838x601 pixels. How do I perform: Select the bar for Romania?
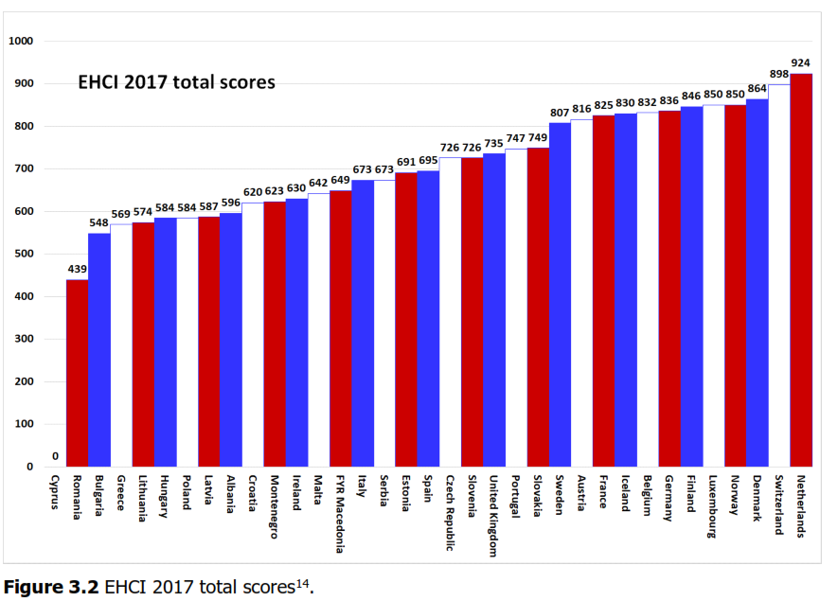tap(78, 373)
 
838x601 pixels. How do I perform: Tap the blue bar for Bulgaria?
tap(99, 350)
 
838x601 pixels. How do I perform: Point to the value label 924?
tap(801, 63)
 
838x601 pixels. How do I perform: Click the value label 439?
tap(78, 270)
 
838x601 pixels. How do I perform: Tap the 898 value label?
tap(779, 74)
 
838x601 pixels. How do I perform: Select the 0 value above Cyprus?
tap(56, 456)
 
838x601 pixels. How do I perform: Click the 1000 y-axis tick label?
tap(21, 42)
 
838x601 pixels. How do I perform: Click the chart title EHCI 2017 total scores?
tap(177, 82)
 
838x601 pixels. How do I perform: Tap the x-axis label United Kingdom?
tap(494, 515)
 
